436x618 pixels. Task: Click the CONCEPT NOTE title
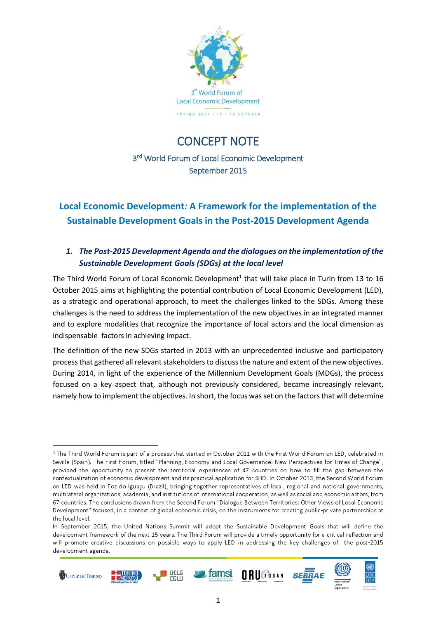pos(218,141)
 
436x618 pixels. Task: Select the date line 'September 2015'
pos(218,170)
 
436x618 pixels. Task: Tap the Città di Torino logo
pos(81,576)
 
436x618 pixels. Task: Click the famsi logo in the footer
pos(213,575)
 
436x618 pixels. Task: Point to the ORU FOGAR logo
pos(263,575)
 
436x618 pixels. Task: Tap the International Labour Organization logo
pos(342,575)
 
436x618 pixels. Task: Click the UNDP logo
pos(369,574)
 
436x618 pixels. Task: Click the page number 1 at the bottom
pos(218,600)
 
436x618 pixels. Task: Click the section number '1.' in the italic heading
pos(70,251)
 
